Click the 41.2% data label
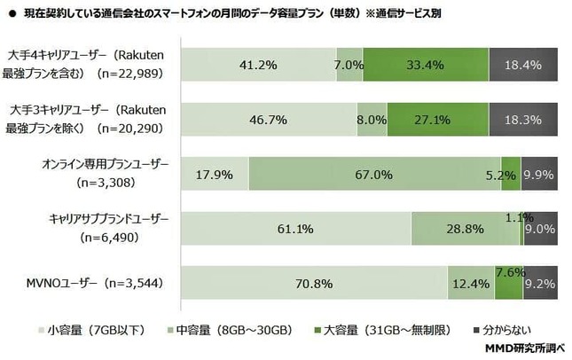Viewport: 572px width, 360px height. coord(257,65)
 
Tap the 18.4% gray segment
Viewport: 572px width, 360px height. coord(519,65)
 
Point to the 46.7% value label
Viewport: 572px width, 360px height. coord(268,120)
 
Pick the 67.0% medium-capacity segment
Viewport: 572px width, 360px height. coord(374,175)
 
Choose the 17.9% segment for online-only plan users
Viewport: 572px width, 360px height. coord(214,175)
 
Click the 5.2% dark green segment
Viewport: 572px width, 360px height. coord(511,175)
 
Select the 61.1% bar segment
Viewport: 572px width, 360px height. coord(294,230)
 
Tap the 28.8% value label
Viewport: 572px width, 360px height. coord(464,230)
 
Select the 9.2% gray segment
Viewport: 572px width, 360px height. coord(539,284)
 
